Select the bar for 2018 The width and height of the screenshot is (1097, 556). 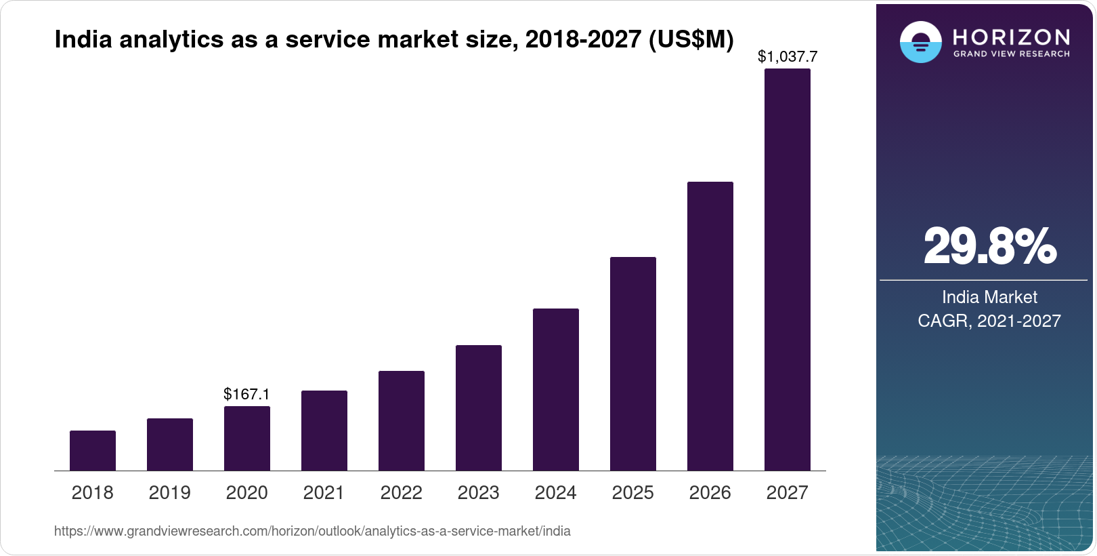click(x=93, y=451)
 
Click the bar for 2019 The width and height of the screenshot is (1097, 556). click(x=170, y=445)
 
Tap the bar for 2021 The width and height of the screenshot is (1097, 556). click(x=324, y=431)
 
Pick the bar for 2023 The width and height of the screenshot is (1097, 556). click(x=479, y=408)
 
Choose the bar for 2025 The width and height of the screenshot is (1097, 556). click(x=633, y=364)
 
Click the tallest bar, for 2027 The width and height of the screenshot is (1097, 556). click(x=788, y=270)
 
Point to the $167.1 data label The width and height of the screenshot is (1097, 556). click(x=246, y=394)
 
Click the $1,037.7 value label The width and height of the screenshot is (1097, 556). click(x=788, y=56)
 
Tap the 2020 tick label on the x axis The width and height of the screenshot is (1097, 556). click(x=246, y=492)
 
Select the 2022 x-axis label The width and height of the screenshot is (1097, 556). click(x=401, y=492)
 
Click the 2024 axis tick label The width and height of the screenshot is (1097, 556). click(x=555, y=492)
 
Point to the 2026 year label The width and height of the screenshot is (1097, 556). click(x=710, y=492)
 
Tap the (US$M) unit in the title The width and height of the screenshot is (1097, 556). click(x=691, y=39)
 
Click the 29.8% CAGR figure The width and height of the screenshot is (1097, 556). click(x=989, y=246)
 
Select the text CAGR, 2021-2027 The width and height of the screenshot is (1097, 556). click(x=989, y=321)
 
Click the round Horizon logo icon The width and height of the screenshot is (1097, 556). click(x=920, y=42)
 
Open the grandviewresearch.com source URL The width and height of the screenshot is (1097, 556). click(x=312, y=531)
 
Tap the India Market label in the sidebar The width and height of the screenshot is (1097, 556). click(x=989, y=297)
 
